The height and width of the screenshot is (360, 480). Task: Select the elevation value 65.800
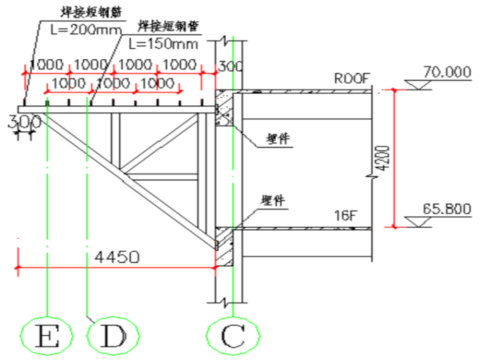(447, 208)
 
